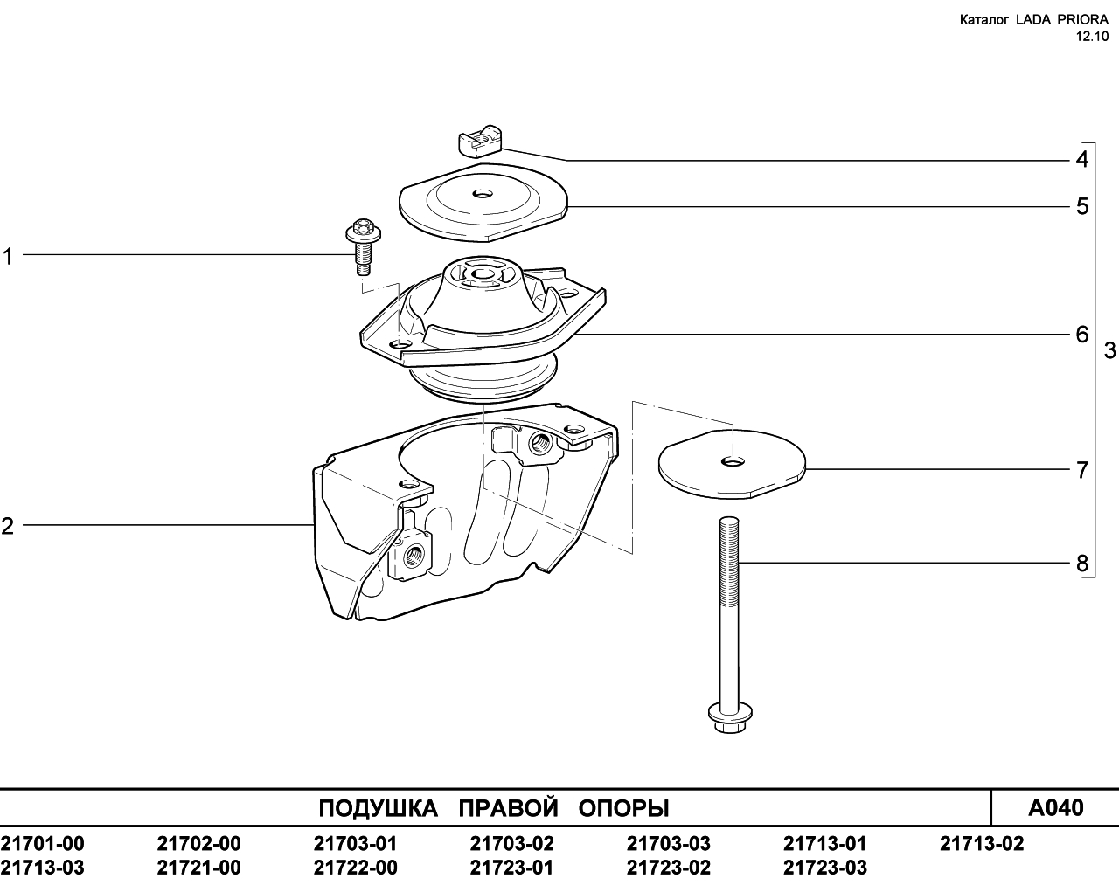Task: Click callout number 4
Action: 1081,160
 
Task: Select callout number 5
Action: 1081,206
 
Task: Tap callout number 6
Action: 1081,335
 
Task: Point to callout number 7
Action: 1081,470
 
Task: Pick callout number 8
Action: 1081,563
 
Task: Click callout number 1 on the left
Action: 8,257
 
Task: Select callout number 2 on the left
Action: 7,527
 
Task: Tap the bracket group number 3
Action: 1109,351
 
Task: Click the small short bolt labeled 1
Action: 363,247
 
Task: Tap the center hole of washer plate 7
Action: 733,461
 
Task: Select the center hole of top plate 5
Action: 483,195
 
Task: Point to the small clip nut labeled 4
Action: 480,140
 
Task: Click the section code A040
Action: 1055,807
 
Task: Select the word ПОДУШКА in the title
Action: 378,808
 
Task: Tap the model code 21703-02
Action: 511,843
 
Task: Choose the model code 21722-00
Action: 355,868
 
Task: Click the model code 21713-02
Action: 982,843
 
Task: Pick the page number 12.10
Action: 1092,37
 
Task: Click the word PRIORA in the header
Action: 1084,20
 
